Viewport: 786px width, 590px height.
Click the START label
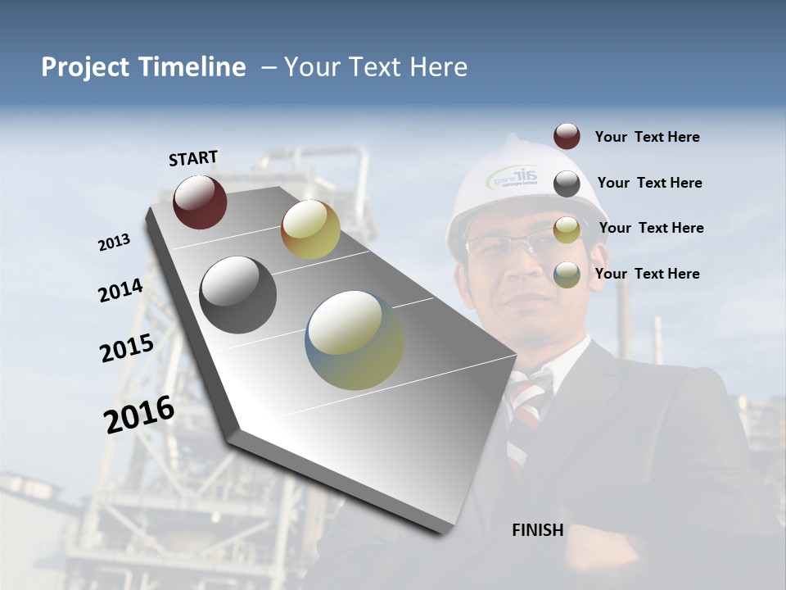[193, 158]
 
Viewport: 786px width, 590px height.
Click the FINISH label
[537, 530]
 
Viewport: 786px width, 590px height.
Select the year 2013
[114, 243]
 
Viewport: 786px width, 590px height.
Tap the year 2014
[120, 290]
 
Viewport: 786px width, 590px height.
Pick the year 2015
[126, 347]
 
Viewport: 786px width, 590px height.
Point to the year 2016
[139, 415]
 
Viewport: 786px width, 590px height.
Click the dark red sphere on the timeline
[200, 202]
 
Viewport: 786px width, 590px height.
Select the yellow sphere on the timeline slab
[310, 229]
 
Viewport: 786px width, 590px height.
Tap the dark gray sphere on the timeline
[238, 295]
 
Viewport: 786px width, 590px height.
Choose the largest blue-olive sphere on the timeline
[355, 340]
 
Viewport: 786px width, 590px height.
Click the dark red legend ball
[567, 137]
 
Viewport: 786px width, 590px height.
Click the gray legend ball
[567, 184]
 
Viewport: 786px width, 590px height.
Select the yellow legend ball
[567, 229]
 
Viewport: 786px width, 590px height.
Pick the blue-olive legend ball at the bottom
[567, 275]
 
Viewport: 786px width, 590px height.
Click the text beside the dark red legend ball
[647, 138]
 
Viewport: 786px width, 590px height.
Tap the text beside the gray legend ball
[649, 183]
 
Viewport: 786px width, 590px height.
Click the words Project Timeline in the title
[143, 67]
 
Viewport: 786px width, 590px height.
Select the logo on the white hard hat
[513, 177]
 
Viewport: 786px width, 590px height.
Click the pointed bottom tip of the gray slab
[446, 531]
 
